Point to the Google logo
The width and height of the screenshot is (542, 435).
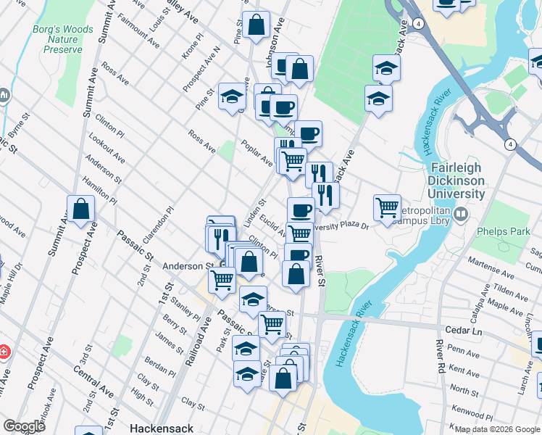[24, 426]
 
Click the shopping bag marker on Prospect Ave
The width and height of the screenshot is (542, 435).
[81, 210]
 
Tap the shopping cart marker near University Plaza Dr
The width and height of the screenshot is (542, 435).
[388, 207]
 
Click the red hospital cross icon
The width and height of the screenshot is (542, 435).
[4, 352]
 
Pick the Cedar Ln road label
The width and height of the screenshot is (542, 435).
[467, 331]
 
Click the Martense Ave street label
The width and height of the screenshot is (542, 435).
[491, 261]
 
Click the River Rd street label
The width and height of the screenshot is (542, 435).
[439, 355]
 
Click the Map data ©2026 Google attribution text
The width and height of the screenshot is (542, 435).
[496, 429]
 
